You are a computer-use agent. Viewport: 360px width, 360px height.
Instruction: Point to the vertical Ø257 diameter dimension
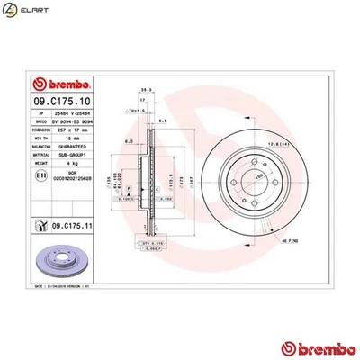[182, 179]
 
